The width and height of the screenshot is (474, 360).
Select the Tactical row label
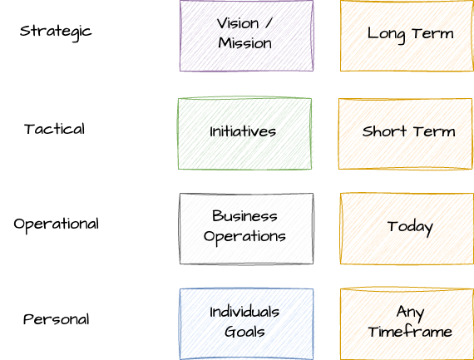click(54, 129)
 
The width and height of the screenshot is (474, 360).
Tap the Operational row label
click(57, 224)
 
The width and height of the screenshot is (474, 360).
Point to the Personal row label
click(57, 319)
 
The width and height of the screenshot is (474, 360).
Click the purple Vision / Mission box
click(246, 36)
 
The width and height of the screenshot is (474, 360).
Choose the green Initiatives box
click(244, 133)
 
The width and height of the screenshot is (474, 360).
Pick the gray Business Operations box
click(246, 229)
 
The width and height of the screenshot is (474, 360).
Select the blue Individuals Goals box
click(246, 324)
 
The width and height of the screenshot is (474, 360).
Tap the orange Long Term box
click(407, 36)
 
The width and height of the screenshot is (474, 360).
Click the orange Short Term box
click(405, 133)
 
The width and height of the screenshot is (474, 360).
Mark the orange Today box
click(407, 229)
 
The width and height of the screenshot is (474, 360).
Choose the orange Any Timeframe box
click(407, 324)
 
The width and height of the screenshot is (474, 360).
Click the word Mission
click(244, 43)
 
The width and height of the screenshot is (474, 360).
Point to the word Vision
click(238, 23)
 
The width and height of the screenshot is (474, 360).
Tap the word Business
click(244, 216)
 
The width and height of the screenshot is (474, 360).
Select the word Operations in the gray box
click(244, 237)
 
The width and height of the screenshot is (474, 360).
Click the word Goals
click(244, 332)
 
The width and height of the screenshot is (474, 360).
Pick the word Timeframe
click(410, 332)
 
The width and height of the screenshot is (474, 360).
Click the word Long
click(386, 34)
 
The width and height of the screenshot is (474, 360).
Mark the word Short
click(384, 131)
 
